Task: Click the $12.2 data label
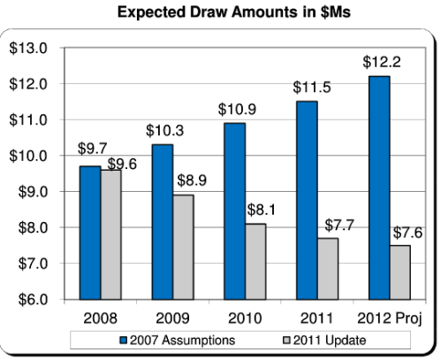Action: [x=379, y=63]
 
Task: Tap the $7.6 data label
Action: [x=407, y=233]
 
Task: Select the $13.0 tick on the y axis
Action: [x=28, y=48]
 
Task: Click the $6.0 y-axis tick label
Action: [x=28, y=299]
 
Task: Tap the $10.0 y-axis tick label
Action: [x=28, y=156]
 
